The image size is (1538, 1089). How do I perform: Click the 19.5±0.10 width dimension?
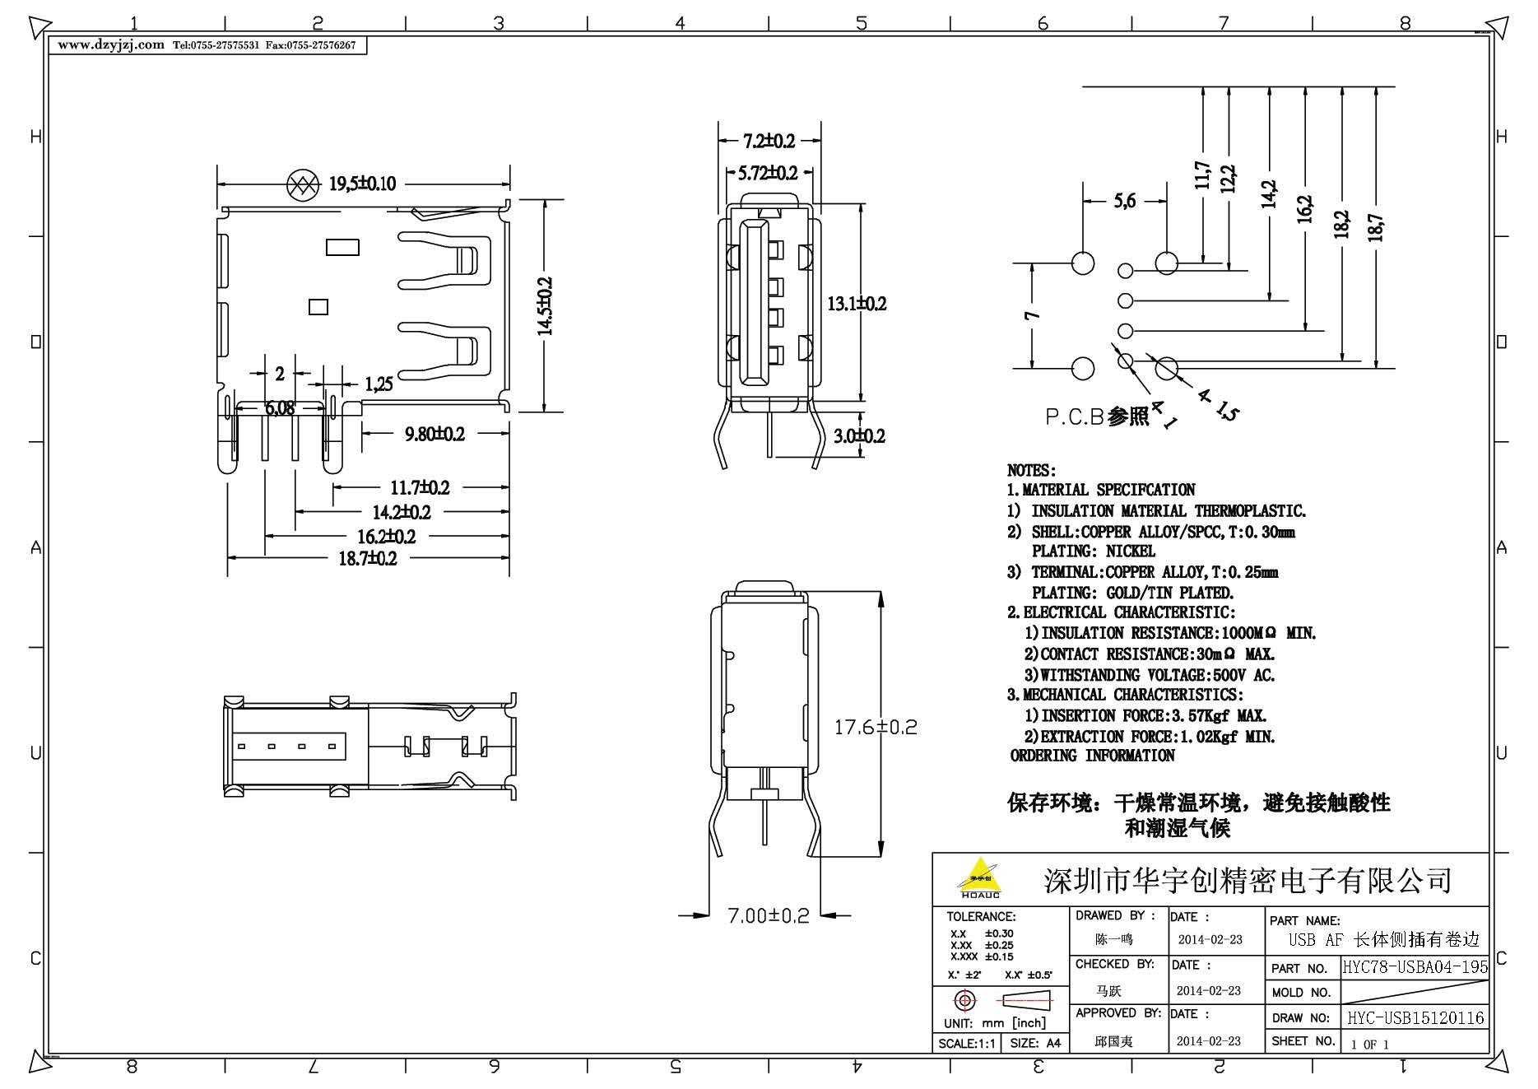pos(362,184)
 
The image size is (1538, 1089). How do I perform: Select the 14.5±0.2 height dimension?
pos(545,305)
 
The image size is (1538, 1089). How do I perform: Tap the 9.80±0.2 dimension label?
pos(434,434)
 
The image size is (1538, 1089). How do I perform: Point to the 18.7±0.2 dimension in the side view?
pos(368,559)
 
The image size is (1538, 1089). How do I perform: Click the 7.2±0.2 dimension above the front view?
pos(769,142)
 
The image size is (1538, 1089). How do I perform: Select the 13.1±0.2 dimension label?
pos(857,304)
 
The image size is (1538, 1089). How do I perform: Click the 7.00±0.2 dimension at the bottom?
pos(768,915)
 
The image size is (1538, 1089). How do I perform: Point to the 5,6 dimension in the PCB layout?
pos(1125,201)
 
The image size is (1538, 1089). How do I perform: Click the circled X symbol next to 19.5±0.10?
pos(302,184)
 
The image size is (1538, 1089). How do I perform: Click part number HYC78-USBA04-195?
pos(1415,967)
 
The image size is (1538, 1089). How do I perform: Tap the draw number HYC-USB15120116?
pos(1415,1018)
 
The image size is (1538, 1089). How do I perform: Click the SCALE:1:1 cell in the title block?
pos(966,1043)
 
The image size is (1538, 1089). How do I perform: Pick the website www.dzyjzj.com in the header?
pos(111,45)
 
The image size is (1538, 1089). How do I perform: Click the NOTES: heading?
pos(1031,471)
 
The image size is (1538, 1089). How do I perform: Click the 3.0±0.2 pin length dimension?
pos(859,435)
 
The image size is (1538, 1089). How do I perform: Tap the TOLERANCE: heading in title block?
pos(981,916)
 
